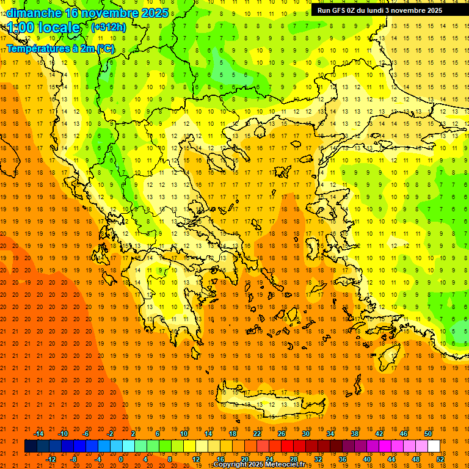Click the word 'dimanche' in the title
34,13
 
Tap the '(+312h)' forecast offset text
109,27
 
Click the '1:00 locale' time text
44,27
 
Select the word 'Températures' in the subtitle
35,48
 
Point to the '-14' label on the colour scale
38,434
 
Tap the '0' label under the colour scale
121,459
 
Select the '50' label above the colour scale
428,434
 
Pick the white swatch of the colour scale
434,446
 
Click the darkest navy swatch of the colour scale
31,446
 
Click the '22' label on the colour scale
257,434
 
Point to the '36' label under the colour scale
343,459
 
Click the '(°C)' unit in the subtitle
105,48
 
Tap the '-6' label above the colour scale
86,434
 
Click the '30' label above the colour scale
306,434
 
